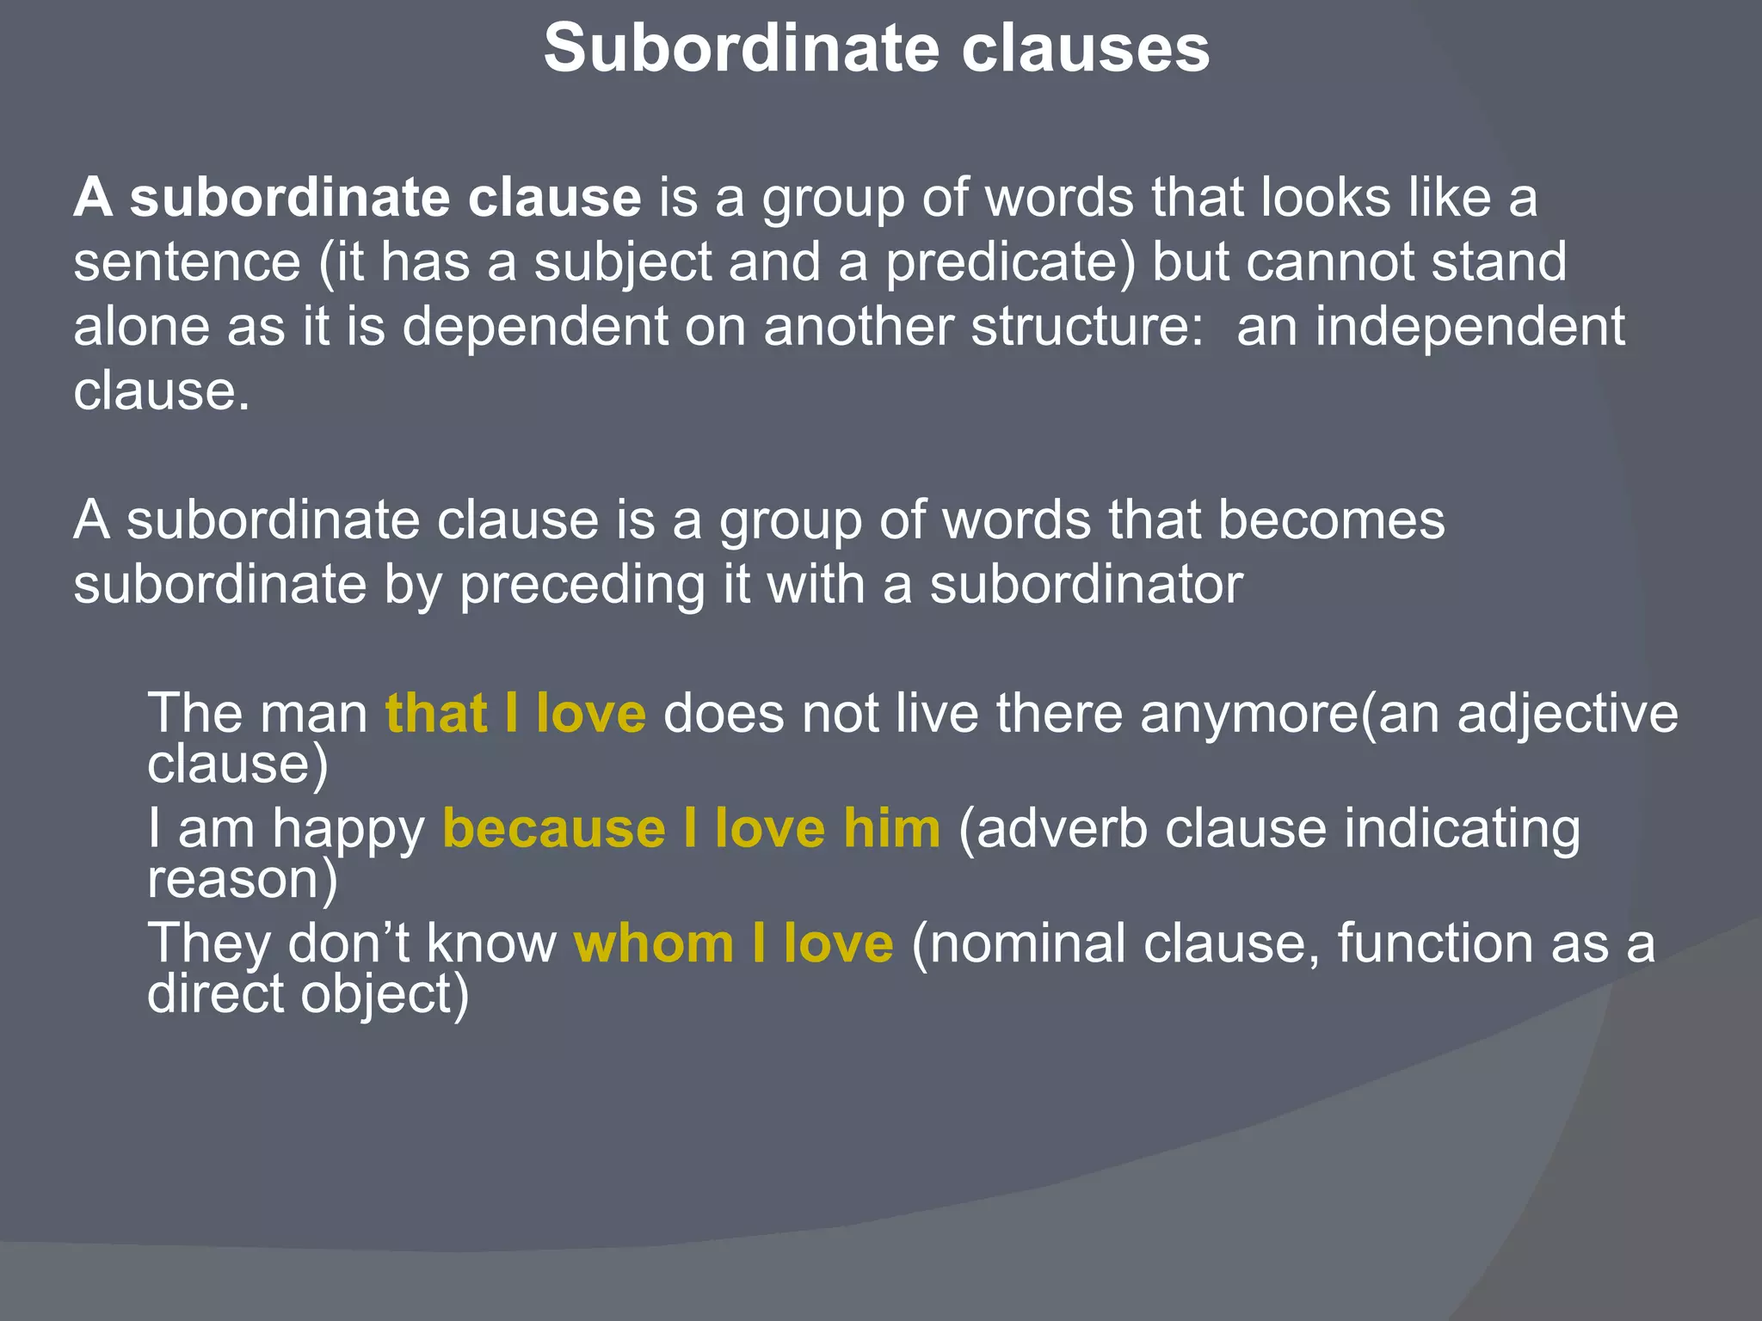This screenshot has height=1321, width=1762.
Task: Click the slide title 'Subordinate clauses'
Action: click(x=877, y=48)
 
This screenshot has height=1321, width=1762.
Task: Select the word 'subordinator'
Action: click(x=1086, y=585)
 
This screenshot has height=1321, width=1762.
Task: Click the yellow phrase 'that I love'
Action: click(x=515, y=714)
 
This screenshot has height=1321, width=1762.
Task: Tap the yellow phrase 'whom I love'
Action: click(x=733, y=943)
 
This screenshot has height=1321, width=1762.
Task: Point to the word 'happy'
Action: click(x=348, y=830)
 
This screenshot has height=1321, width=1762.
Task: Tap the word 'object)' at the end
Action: click(x=385, y=995)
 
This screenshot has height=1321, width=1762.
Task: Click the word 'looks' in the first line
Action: click(x=1325, y=198)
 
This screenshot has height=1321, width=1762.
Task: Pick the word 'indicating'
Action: click(x=1462, y=830)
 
